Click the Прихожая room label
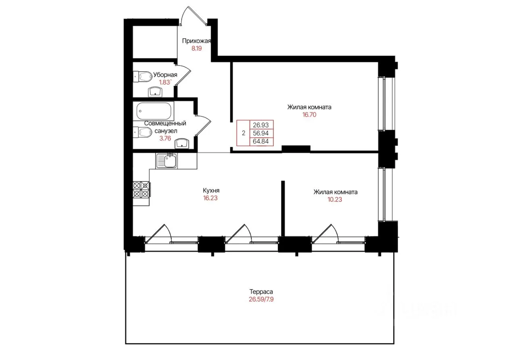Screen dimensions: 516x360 196,41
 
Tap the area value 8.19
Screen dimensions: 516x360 196,48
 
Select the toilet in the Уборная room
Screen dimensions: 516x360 143,76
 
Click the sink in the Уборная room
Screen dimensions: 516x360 156,92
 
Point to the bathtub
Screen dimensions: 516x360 154,111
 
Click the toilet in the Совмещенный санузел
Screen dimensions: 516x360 143,132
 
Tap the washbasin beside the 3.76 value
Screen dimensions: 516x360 182,144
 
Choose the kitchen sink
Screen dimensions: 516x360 166,161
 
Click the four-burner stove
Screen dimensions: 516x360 141,189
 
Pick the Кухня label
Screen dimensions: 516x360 211,190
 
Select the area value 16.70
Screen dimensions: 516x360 309,114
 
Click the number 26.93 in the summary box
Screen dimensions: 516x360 261,125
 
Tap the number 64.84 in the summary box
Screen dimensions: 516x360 261,141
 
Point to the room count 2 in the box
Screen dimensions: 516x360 243,133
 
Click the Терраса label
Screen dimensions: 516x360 261,291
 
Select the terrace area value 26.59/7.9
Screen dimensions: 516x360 261,299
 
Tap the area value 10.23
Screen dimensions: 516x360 335,200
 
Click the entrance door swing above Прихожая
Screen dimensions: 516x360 193,15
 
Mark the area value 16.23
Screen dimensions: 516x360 210,198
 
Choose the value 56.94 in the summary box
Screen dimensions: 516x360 261,133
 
